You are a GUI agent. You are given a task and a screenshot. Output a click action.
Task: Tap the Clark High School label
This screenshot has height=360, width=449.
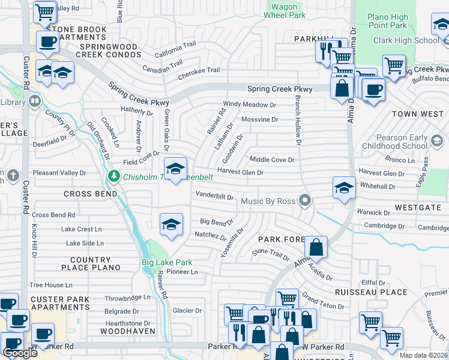(405, 40)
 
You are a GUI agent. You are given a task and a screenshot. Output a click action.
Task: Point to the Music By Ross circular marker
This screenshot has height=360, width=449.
(306, 200)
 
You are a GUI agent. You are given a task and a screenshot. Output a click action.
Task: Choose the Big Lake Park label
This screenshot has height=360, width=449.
(167, 262)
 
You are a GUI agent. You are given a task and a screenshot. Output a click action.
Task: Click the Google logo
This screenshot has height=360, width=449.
(20, 353)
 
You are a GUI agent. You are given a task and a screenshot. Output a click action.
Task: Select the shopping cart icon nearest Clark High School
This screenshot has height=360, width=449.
(394, 66)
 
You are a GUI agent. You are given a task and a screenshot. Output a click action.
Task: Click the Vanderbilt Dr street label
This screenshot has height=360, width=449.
(214, 196)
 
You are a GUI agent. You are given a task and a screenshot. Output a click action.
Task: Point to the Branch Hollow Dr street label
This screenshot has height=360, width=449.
(297, 120)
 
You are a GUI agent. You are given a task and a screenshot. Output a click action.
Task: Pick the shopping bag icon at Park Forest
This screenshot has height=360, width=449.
(316, 247)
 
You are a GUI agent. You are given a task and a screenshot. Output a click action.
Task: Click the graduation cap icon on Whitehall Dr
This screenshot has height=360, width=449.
(344, 187)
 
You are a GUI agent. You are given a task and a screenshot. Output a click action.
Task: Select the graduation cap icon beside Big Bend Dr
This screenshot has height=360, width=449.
(171, 224)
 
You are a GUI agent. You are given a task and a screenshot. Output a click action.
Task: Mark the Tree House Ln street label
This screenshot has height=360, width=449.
(51, 285)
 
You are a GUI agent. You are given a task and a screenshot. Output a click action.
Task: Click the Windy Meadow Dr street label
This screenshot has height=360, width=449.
(249, 104)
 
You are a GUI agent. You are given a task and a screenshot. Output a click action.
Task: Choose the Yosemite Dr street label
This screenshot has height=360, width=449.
(232, 242)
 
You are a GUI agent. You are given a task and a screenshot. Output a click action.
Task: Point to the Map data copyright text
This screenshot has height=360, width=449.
(424, 355)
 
